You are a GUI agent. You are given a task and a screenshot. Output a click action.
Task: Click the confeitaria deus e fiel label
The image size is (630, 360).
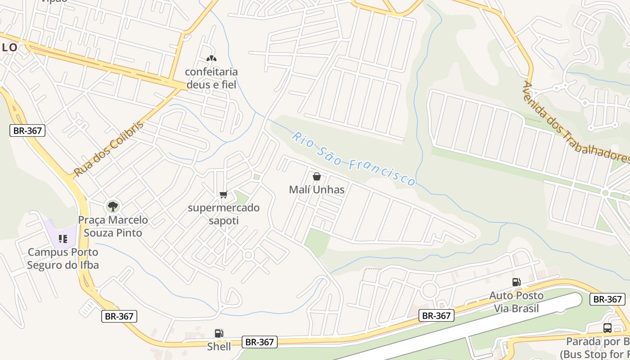tap(211, 78)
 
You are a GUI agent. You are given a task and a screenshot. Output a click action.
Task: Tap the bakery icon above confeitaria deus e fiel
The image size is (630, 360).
tap(211, 58)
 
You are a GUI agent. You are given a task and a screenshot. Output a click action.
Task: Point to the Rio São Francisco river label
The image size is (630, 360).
tap(353, 159)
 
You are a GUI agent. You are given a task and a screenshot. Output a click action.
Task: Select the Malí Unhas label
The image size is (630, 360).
tap(317, 189)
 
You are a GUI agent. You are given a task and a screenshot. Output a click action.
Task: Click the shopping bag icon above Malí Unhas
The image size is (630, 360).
tap(317, 176)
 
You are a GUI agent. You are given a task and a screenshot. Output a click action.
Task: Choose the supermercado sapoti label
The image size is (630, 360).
tap(224, 214)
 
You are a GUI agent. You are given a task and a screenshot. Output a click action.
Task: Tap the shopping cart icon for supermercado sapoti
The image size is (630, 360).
tap(223, 195)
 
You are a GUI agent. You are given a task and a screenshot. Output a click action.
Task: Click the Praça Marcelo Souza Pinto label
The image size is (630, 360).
tap(113, 226)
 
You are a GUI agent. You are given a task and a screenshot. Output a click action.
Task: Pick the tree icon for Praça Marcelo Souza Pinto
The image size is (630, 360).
tap(112, 207)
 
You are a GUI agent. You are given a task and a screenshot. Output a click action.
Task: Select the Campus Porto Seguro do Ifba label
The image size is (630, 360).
tap(63, 259)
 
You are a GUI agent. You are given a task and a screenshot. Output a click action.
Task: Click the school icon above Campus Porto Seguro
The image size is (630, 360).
tap(63, 238)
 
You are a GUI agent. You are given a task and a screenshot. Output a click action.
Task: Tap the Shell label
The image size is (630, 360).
tap(219, 346)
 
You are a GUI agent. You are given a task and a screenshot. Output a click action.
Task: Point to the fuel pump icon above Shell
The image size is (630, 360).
tap(219, 333)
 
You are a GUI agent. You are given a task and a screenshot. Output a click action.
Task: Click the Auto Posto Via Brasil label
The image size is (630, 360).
tap(516, 302)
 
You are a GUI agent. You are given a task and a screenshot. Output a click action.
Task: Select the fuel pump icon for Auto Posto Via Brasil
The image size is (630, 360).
tap(516, 282)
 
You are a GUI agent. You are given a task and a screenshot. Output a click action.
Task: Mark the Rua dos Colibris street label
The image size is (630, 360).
tap(108, 148)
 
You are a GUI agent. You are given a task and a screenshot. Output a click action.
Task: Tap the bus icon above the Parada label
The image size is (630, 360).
tap(607, 328)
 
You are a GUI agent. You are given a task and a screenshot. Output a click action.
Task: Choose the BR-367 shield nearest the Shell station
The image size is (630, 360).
tap(259, 342)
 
